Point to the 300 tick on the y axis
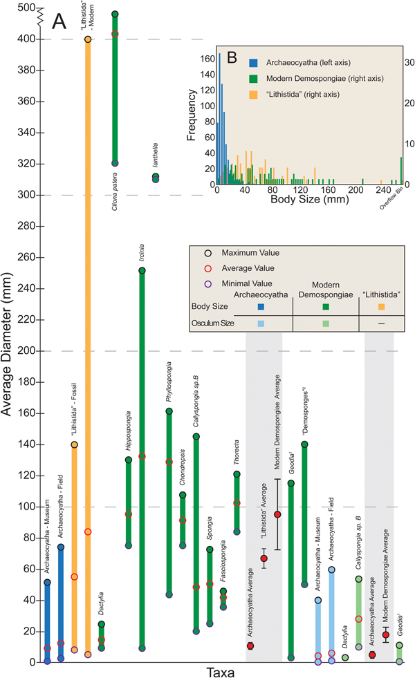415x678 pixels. (x=28, y=195)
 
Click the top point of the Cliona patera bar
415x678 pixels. (x=115, y=14)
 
